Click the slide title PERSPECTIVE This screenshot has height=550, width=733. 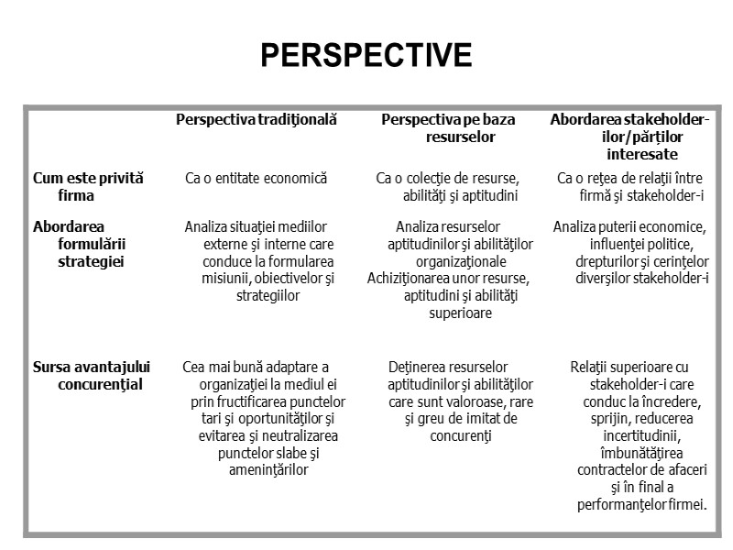click(366, 56)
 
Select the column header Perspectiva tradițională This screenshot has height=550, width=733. click(257, 120)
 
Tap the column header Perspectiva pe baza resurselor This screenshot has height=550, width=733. click(448, 128)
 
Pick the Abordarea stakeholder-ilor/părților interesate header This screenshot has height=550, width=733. click(629, 137)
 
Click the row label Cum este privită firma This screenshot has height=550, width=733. click(88, 186)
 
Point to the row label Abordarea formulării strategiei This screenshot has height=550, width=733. click(82, 244)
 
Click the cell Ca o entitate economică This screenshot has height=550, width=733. click(257, 178)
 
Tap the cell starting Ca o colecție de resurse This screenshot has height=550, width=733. click(448, 186)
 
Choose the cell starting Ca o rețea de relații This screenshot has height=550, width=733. click(629, 186)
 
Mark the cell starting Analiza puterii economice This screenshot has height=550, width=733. click(630, 252)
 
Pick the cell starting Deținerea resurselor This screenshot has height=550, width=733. click(448, 401)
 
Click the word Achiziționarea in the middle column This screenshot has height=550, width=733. click(410, 278)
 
